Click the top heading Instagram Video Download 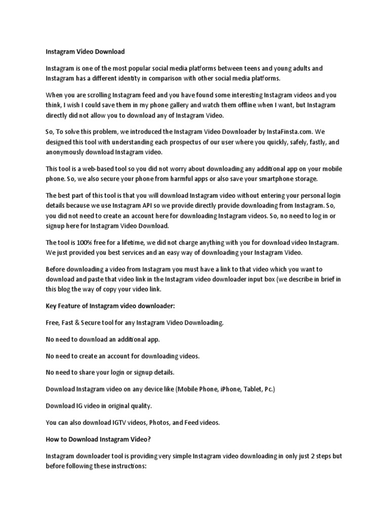(x=85, y=52)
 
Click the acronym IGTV (x=118, y=422)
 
